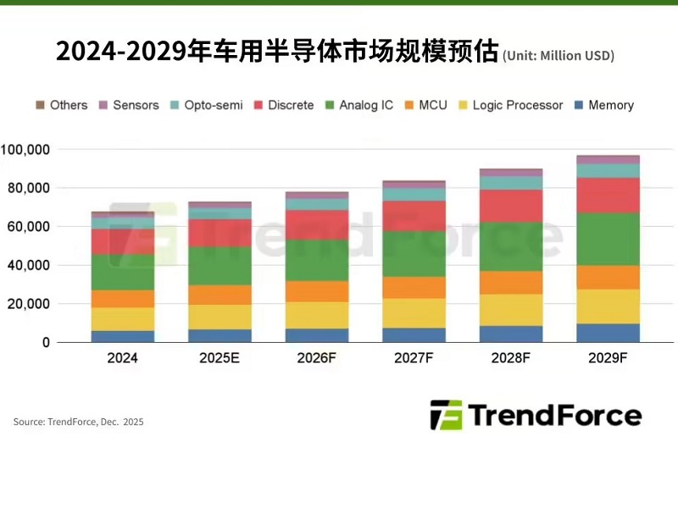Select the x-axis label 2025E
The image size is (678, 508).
220,358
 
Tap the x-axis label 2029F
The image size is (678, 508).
608,358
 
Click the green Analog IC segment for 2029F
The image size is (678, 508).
608,239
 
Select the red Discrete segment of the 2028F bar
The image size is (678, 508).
511,206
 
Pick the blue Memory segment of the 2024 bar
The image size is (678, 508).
123,336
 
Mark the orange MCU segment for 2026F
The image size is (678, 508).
317,291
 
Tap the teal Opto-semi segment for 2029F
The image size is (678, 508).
608,170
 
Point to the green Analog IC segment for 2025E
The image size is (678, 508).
220,265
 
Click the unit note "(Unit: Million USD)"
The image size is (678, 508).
559,56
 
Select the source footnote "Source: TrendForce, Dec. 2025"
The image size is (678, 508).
78,422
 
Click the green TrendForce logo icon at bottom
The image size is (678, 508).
446,415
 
